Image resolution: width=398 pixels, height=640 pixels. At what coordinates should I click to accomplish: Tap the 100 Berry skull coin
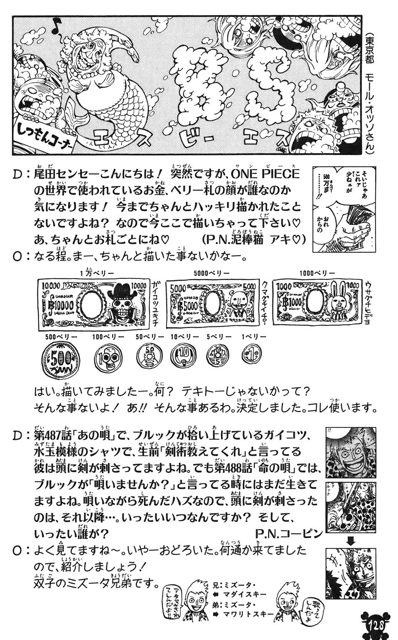click(108, 358)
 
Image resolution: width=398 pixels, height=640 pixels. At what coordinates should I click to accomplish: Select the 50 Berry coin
click(149, 356)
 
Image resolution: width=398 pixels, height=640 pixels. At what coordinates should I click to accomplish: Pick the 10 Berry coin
click(183, 356)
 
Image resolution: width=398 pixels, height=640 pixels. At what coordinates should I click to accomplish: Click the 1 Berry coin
click(252, 354)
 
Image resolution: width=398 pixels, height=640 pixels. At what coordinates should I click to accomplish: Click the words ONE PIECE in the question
click(265, 175)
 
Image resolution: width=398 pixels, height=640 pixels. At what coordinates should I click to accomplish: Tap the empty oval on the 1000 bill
click(315, 302)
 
